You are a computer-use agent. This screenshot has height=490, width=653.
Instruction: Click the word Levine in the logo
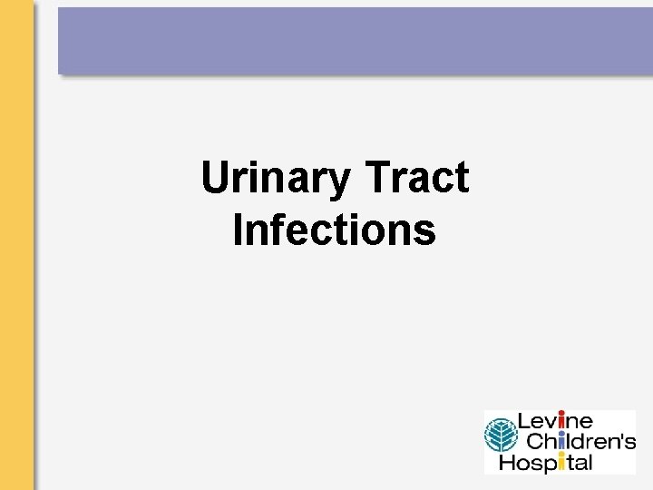point(554,422)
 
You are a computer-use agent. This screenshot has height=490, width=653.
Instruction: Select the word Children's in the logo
point(580,442)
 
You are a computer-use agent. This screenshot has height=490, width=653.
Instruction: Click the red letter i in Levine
point(561,422)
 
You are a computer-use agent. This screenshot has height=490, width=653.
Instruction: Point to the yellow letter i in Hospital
point(563,462)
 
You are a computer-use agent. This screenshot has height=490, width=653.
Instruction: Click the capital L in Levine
point(523,422)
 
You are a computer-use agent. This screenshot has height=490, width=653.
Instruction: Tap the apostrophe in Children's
point(622,436)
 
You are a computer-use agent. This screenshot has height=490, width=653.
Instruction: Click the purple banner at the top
point(355,40)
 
